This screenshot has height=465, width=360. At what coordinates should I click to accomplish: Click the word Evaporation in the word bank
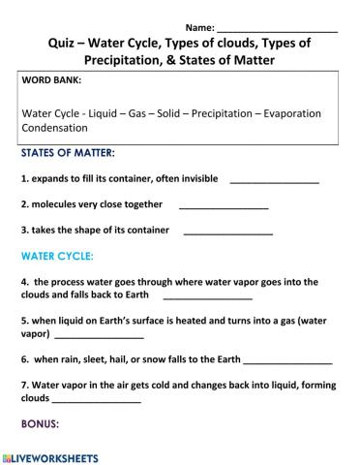pyautogui.click(x=299, y=111)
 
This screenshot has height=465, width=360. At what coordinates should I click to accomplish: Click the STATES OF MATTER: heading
pyautogui.click(x=67, y=153)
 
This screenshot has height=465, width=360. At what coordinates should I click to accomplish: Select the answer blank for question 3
pyautogui.click(x=227, y=231)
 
